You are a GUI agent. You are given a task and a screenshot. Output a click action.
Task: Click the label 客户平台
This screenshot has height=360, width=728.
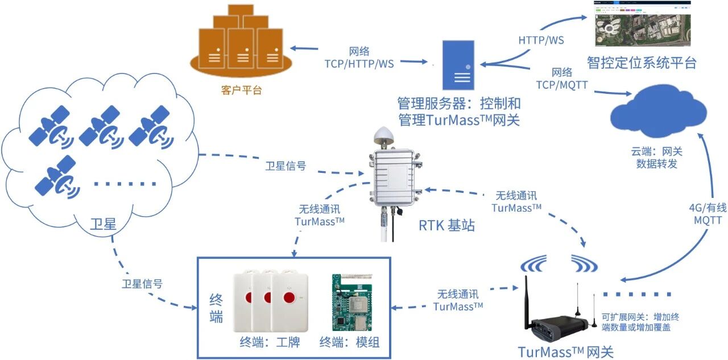[241, 90]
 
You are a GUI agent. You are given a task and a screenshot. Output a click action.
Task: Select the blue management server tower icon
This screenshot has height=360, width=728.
[458, 65]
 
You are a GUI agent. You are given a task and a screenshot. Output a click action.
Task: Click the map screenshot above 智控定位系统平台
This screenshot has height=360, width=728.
[643, 24]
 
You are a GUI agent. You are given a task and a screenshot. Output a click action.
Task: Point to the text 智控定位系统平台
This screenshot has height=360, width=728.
[642, 62]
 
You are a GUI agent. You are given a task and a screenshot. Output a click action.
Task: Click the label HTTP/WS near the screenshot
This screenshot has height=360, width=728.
[541, 40]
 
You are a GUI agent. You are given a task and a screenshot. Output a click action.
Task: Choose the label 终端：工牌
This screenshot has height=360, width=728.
[270, 342]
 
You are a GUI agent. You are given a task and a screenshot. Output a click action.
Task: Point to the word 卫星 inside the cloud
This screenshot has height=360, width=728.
[103, 225]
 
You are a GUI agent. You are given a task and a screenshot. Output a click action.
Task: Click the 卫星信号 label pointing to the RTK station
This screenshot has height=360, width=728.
[286, 166]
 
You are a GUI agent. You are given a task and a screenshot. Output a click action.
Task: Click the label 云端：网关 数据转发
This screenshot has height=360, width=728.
[656, 158]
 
